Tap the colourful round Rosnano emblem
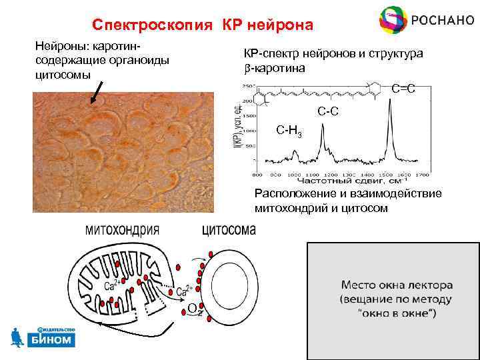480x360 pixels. tap(393, 20)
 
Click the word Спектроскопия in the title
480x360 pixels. tap(153, 25)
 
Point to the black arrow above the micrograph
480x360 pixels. tap(97, 92)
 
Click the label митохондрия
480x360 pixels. tap(122, 230)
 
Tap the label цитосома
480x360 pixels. tap(228, 230)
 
